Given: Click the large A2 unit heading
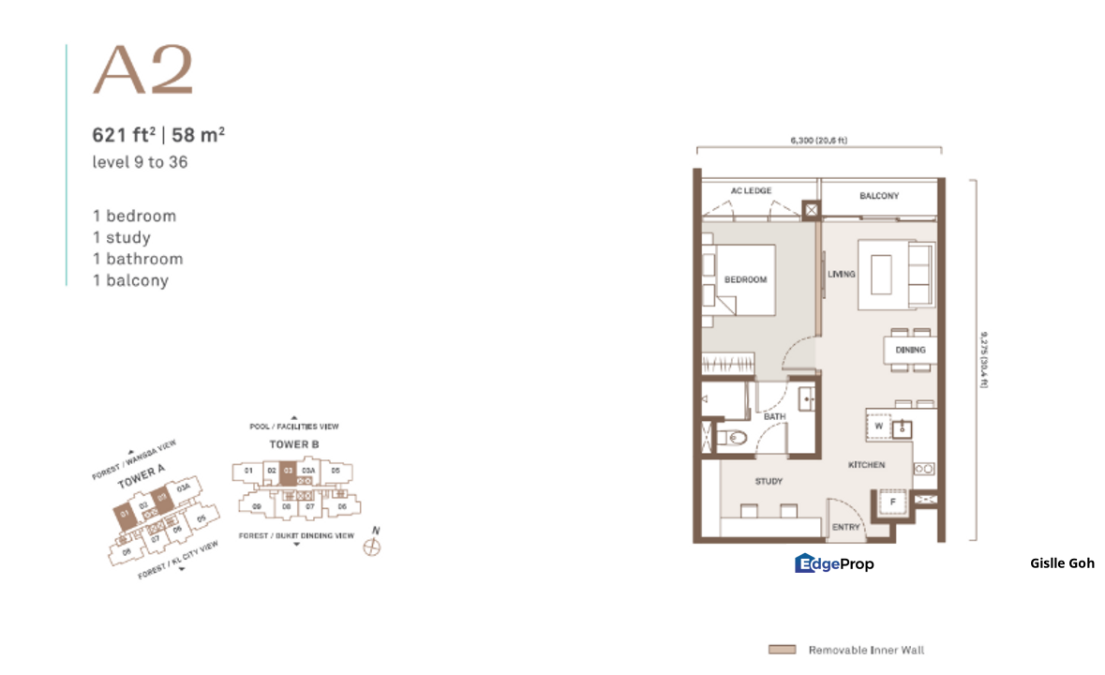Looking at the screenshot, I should pyautogui.click(x=142, y=71).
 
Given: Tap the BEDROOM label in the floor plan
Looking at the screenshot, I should pyautogui.click(x=746, y=279).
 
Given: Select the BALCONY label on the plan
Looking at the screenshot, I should pyautogui.click(x=879, y=196).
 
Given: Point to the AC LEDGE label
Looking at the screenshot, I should pyautogui.click(x=752, y=191).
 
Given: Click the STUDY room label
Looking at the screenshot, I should pyautogui.click(x=769, y=482).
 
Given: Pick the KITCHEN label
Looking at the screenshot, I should pyautogui.click(x=867, y=465).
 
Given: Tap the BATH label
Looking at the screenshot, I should pyautogui.click(x=775, y=416).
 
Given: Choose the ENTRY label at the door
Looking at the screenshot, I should pyautogui.click(x=845, y=528).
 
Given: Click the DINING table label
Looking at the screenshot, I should pyautogui.click(x=909, y=350).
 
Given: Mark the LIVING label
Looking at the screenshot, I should pyautogui.click(x=842, y=274).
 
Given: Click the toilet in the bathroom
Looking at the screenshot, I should pyautogui.click(x=734, y=436).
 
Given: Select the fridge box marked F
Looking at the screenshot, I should pyautogui.click(x=893, y=502).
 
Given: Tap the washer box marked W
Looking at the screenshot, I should pyautogui.click(x=879, y=425).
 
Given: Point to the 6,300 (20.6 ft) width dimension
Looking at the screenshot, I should pyautogui.click(x=819, y=141).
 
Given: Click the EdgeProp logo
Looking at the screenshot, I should pyautogui.click(x=834, y=563).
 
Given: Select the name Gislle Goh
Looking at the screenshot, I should pyautogui.click(x=1061, y=563).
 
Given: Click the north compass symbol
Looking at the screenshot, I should pyautogui.click(x=372, y=547).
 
